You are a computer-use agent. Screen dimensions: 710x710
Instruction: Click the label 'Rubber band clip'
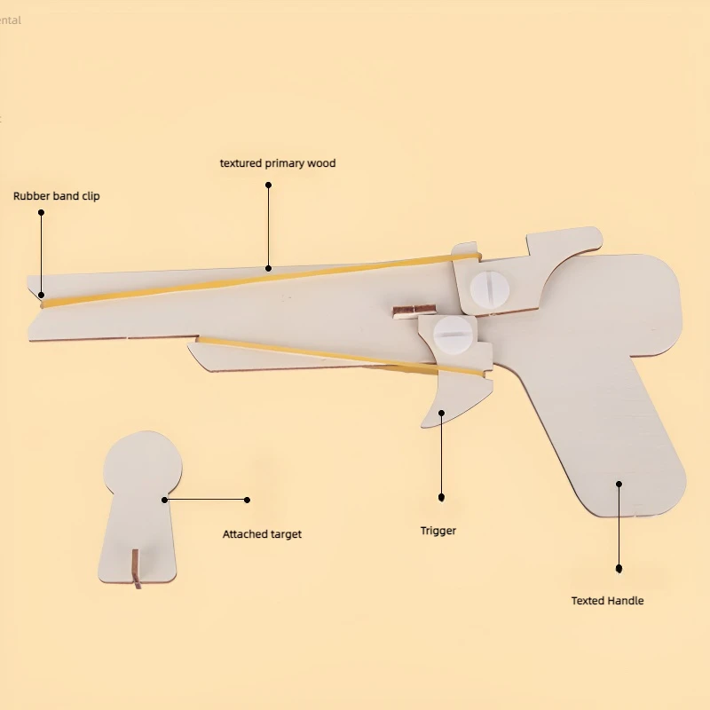click(56, 195)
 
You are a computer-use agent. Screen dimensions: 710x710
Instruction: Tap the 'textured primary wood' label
click(278, 163)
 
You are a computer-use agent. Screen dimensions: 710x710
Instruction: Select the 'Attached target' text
click(262, 534)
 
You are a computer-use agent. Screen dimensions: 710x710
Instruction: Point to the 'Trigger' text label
click(438, 531)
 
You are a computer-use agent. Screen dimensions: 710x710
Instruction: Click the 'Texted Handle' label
click(607, 601)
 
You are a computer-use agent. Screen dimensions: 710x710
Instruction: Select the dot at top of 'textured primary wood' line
click(268, 185)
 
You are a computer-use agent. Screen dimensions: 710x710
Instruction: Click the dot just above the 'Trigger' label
click(441, 498)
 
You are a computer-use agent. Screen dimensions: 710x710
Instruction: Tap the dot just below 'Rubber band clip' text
click(41, 213)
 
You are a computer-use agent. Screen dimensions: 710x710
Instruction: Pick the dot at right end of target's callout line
click(248, 500)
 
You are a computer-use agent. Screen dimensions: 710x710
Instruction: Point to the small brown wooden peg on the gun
click(414, 310)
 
